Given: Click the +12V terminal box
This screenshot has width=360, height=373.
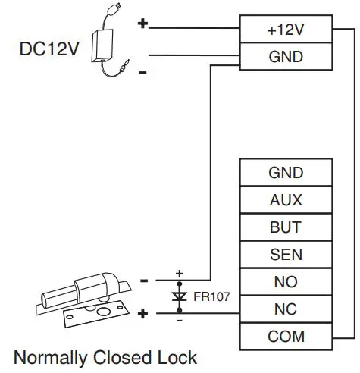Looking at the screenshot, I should coord(286,29).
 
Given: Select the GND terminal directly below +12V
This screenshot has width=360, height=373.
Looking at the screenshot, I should coord(286,56).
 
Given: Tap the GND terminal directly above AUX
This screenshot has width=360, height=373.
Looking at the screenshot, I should coord(286,173).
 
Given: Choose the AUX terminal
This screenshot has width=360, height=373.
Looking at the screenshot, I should coord(286,200).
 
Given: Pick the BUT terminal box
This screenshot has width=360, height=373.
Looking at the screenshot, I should coord(286,227).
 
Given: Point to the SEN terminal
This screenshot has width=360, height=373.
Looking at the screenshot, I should coord(286,255).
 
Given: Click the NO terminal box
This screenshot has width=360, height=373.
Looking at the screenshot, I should coord(286,282).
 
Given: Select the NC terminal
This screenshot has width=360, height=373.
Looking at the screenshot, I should coord(286,309).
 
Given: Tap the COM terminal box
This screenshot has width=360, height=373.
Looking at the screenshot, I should coord(286,337).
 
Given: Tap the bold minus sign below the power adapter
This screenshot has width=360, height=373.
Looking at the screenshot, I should coord(143,73).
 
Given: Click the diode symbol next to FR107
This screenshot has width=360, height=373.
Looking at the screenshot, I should coord(180,296).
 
